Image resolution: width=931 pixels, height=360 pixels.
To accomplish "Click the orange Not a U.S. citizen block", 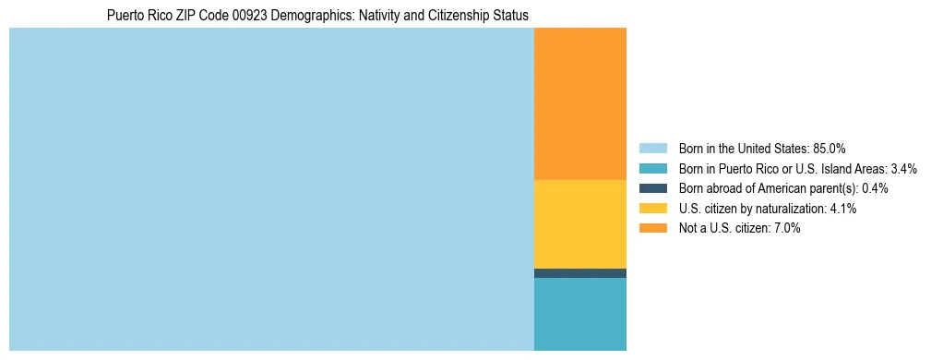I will point(579,103).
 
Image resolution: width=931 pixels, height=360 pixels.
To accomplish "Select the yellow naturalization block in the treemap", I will point(579,223).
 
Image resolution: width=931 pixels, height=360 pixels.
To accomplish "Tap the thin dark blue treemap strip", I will point(579,273).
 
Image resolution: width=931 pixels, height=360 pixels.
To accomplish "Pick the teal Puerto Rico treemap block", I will point(579,314).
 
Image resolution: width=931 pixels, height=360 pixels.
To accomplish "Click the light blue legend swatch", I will point(652,148).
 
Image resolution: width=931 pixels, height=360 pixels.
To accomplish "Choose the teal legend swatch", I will point(652,168).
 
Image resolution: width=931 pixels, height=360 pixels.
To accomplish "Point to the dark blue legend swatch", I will point(652,188).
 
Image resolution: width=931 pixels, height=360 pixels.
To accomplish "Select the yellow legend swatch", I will point(652,209).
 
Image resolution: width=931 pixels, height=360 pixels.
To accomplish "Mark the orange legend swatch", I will point(652,229).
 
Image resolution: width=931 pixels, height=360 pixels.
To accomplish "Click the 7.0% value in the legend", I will point(785,229).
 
